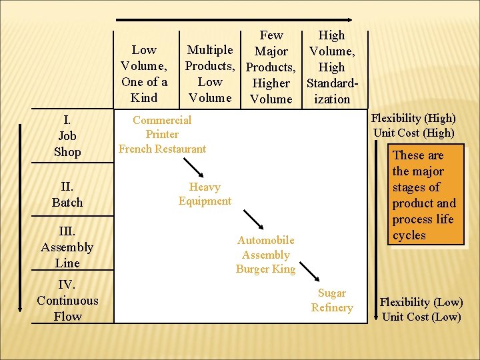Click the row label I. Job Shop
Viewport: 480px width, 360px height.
(x=67, y=136)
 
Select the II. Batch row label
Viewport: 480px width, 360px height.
(x=67, y=194)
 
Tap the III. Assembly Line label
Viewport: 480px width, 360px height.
(x=67, y=247)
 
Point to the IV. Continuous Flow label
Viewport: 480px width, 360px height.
(x=67, y=301)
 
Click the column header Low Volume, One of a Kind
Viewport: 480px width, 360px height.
(x=144, y=74)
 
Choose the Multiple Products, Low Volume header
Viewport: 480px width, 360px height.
(x=210, y=74)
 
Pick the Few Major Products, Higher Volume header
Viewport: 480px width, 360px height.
(x=271, y=67)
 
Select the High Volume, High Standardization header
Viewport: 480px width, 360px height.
(x=331, y=67)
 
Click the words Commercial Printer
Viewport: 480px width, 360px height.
(x=162, y=127)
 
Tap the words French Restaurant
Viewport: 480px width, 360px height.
(x=162, y=149)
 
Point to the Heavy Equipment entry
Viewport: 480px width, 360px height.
(x=205, y=194)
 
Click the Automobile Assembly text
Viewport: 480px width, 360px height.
(x=265, y=247)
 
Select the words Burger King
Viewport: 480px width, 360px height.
(x=265, y=269)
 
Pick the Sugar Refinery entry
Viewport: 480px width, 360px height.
(x=331, y=300)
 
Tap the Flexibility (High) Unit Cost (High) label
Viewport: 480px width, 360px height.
(x=414, y=125)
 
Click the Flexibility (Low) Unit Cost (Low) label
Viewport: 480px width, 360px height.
(x=421, y=309)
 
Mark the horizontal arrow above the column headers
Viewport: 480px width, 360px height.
(x=233, y=20)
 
